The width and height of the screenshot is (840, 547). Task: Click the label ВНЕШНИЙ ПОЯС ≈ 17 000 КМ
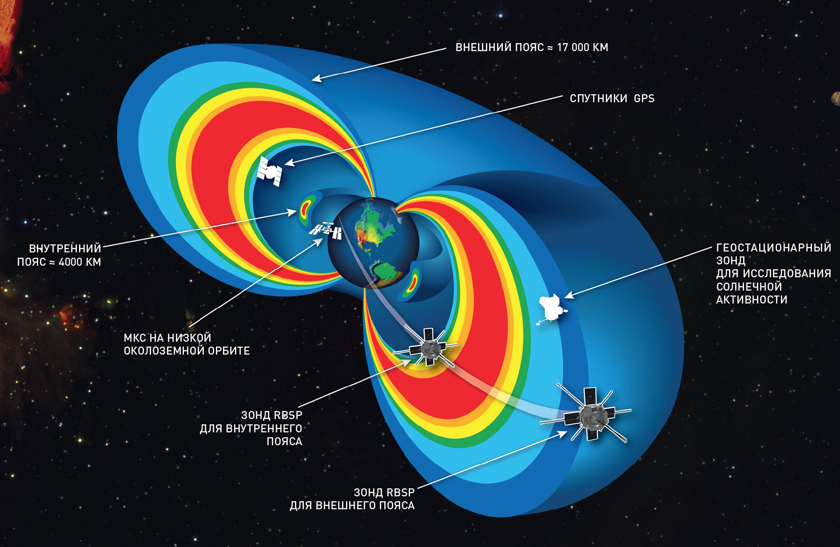click(x=532, y=48)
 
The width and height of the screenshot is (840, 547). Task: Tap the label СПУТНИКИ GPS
click(x=606, y=99)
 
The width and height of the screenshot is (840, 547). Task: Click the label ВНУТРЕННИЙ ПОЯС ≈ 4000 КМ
click(x=59, y=255)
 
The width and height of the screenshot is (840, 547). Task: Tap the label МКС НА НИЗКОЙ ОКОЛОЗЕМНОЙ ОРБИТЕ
click(x=187, y=344)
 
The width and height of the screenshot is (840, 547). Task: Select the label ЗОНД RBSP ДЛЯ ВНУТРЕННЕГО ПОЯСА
click(x=251, y=428)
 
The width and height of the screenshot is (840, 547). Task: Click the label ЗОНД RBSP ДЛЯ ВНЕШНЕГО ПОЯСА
click(x=352, y=499)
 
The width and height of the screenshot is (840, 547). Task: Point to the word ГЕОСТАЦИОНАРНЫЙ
click(x=773, y=248)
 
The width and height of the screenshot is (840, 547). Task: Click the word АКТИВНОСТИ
click(x=752, y=300)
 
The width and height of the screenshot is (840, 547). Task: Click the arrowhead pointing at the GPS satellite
click(x=289, y=163)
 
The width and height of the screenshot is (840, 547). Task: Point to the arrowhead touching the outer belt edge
click(x=316, y=78)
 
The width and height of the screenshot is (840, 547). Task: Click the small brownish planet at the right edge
click(x=835, y=98)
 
